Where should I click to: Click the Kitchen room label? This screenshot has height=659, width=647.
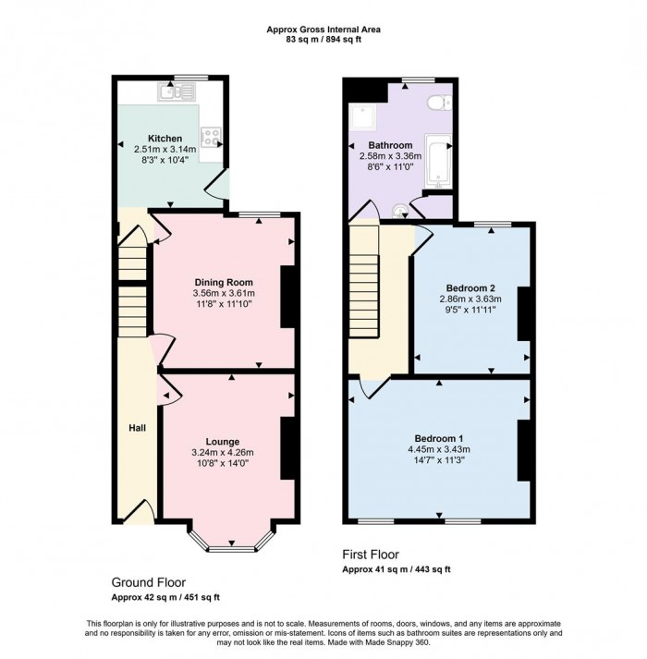tap(165, 139)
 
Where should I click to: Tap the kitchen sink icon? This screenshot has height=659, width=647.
tap(177, 92)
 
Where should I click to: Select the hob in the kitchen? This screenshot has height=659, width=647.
tap(211, 138)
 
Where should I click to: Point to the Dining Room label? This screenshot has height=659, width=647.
tap(224, 282)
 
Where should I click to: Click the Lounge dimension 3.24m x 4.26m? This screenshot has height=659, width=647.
tap(223, 453)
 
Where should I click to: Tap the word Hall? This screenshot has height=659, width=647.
tap(138, 428)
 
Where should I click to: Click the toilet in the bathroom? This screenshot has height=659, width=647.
tap(439, 103)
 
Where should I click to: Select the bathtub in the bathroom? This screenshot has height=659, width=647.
tap(438, 162)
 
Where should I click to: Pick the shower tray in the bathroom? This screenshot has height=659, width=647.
tap(364, 117)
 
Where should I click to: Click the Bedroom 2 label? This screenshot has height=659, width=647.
tap(470, 288)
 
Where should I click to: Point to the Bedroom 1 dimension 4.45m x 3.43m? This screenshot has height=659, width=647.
tap(439, 449)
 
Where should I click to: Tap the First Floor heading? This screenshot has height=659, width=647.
tap(371, 555)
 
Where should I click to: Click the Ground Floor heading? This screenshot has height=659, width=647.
tap(149, 582)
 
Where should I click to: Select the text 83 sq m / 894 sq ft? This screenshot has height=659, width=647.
tap(323, 40)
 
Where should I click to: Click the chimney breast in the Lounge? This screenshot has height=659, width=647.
tap(287, 448)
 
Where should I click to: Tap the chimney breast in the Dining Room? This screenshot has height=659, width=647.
tap(287, 297)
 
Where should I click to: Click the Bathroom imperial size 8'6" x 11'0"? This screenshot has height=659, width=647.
tap(390, 167)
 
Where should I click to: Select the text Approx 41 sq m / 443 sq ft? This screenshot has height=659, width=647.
tap(397, 569)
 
